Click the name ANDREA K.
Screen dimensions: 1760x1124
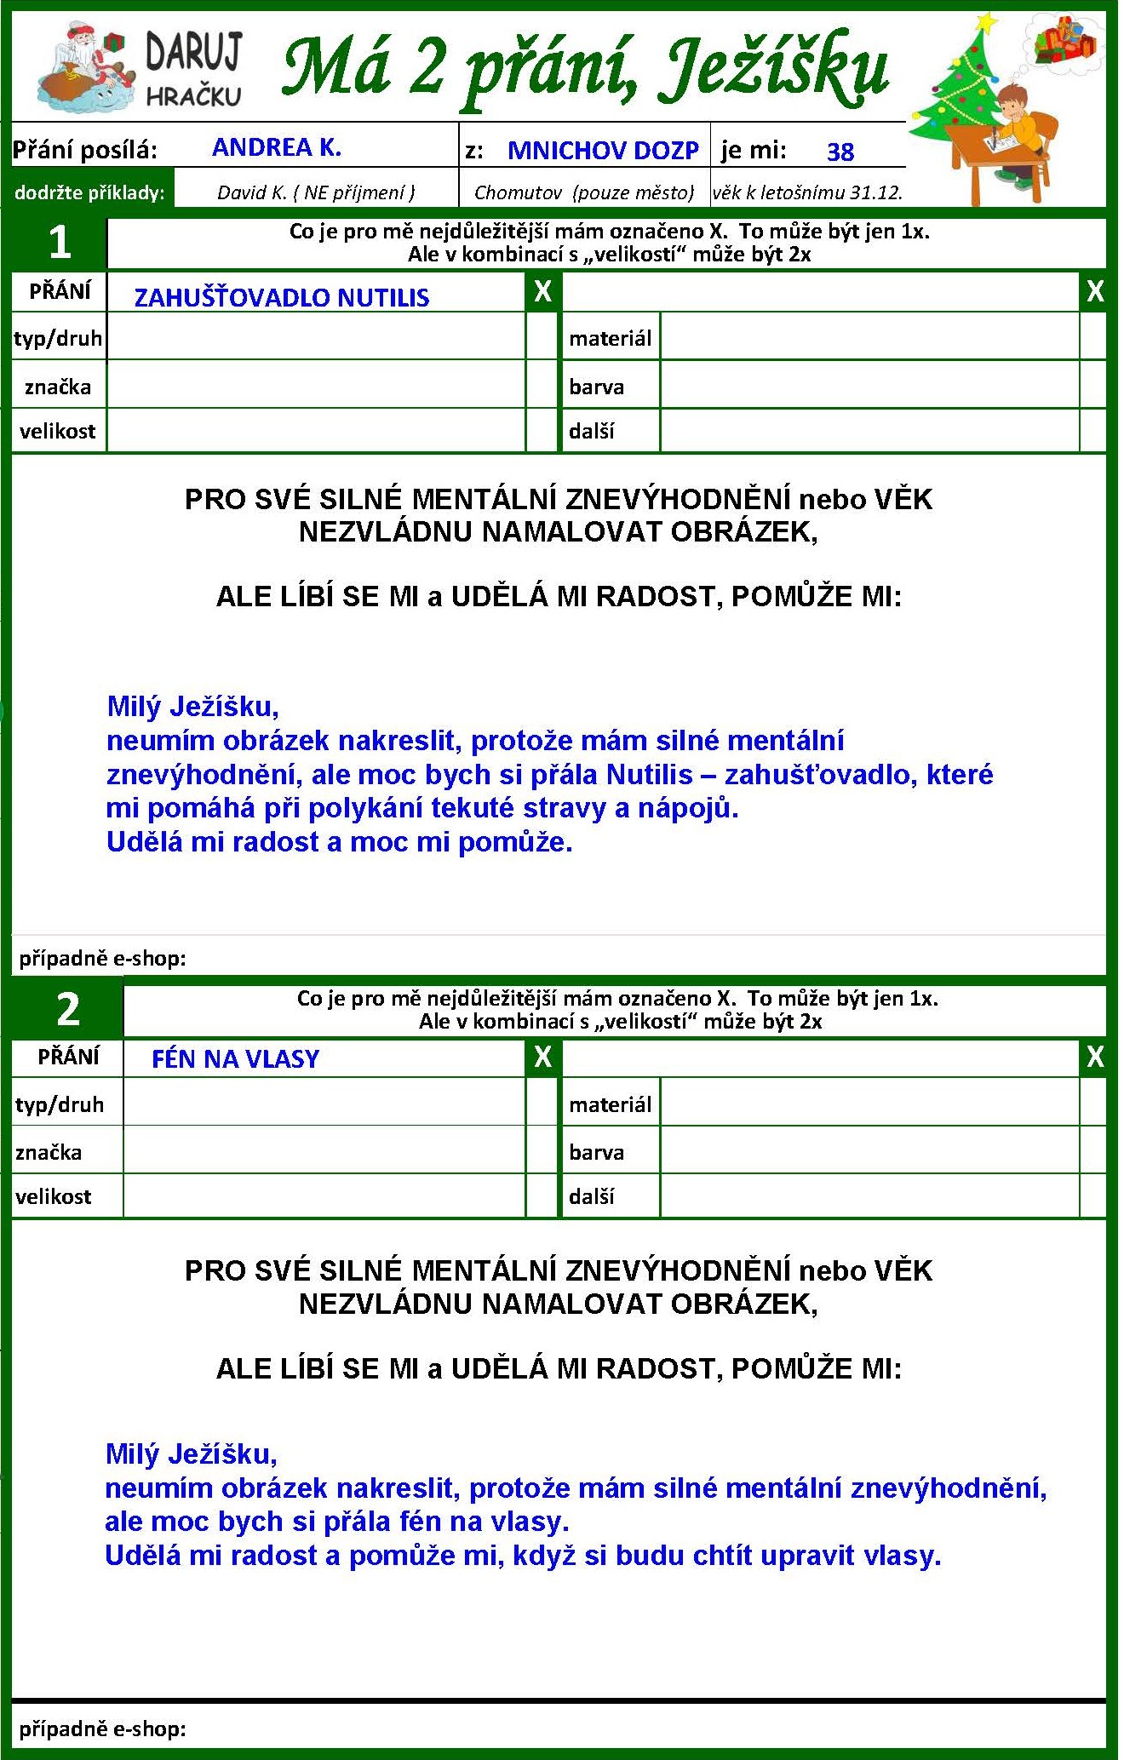pyautogui.click(x=276, y=147)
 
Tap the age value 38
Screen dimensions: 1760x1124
pyautogui.click(x=840, y=152)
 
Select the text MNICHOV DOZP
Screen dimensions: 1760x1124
pyautogui.click(x=603, y=151)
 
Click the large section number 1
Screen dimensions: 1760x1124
pyautogui.click(x=59, y=243)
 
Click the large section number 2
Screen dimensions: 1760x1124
pyautogui.click(x=67, y=1009)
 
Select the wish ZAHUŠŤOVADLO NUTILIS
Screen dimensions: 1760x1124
pyautogui.click(x=282, y=297)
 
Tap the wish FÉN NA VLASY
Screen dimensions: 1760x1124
pyautogui.click(x=235, y=1058)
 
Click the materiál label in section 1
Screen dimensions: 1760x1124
pyautogui.click(x=610, y=339)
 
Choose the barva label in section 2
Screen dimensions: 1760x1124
pyautogui.click(x=596, y=1152)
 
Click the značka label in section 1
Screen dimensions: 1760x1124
pyautogui.click(x=57, y=387)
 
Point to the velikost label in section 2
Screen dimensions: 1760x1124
pyautogui.click(x=53, y=1196)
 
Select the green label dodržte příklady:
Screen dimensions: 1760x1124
pyautogui.click(x=89, y=192)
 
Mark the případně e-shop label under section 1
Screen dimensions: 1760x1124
pyautogui.click(x=102, y=959)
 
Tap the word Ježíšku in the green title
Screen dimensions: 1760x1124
pyautogui.click(x=775, y=68)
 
